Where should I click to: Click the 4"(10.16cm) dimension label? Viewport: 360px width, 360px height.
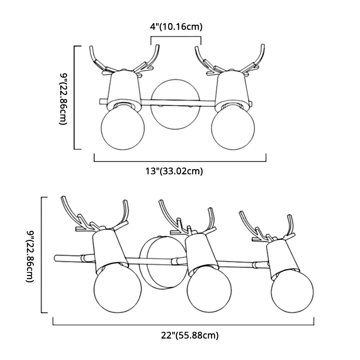click(x=176, y=27)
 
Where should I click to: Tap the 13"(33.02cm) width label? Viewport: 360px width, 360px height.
click(x=174, y=171)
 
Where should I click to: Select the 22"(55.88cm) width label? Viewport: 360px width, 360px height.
click(x=189, y=335)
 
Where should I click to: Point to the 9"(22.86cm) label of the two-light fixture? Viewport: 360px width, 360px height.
click(x=63, y=99)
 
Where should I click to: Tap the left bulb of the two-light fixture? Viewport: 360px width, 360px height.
click(x=123, y=128)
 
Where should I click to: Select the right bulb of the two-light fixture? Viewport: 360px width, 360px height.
click(x=233, y=128)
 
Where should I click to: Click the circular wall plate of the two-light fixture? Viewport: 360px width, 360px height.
click(x=175, y=104)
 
